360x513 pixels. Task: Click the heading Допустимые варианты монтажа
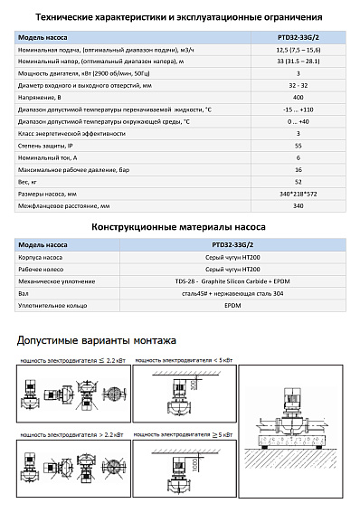pos(97,340)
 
